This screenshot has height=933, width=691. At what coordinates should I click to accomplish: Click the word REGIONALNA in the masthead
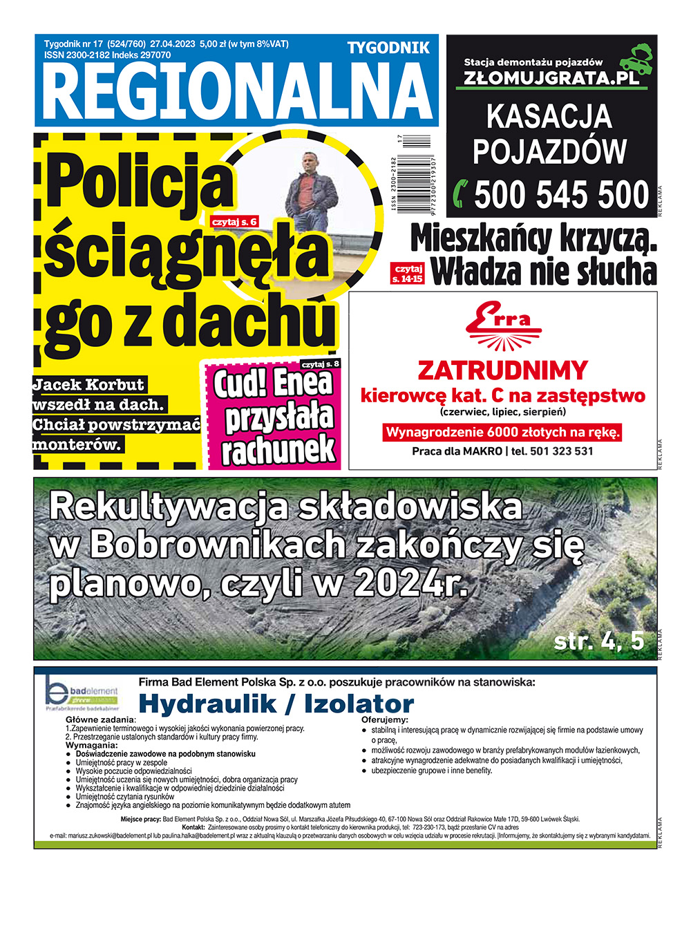[x=236, y=93]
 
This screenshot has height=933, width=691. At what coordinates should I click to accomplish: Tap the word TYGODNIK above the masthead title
[x=388, y=48]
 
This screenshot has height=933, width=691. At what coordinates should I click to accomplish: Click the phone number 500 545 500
[x=561, y=194]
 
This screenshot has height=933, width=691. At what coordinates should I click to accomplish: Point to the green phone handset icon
[x=460, y=194]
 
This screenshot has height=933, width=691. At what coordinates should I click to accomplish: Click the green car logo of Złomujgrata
[x=636, y=60]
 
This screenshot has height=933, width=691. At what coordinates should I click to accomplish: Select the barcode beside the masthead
[x=415, y=176]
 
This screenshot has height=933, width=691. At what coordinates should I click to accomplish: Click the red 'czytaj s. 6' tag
[x=235, y=222]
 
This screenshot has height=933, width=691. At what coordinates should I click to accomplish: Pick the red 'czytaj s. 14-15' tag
[x=408, y=274]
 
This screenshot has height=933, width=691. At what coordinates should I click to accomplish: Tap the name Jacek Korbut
[x=88, y=385]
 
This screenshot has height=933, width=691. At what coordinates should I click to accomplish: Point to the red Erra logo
[x=502, y=326]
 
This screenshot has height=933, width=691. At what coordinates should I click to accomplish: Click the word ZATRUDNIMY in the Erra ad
[x=502, y=370]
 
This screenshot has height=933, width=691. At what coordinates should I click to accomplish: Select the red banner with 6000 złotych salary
[x=502, y=433]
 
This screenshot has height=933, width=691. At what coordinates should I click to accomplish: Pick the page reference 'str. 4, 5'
[x=598, y=641]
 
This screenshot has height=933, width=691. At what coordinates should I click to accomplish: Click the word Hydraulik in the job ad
[x=207, y=704]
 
